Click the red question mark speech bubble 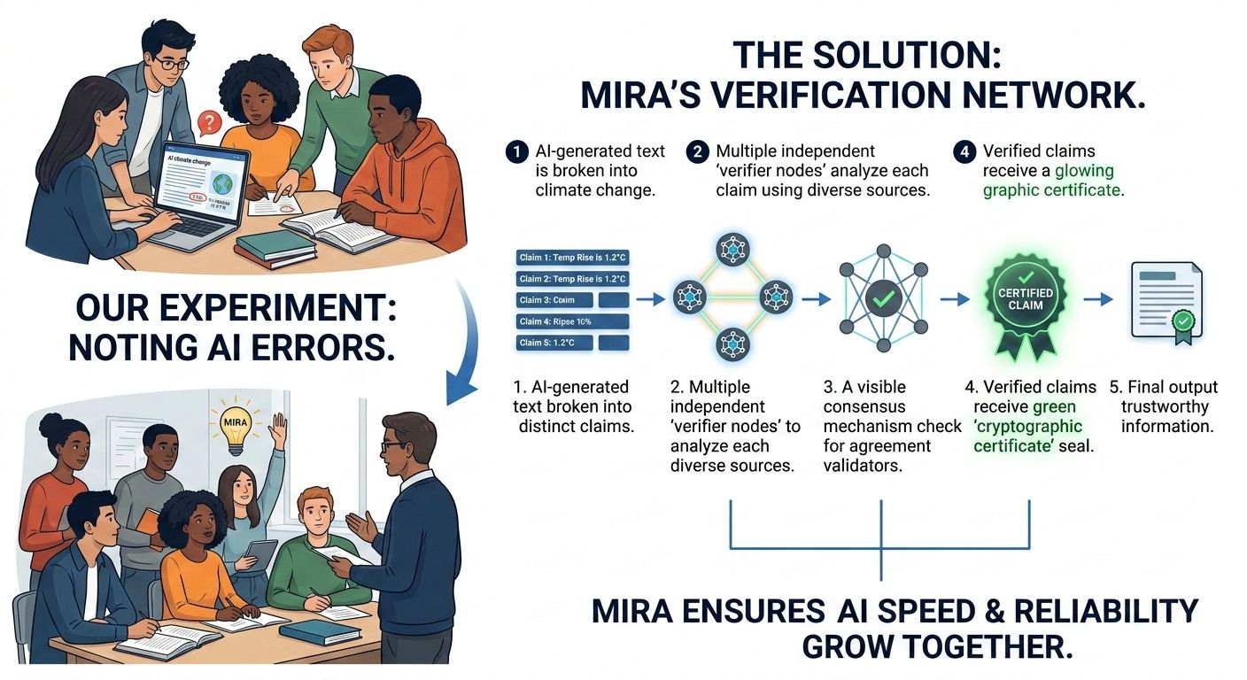(x=207, y=122)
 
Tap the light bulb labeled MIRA (x=231, y=420)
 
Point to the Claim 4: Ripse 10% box (x=571, y=321)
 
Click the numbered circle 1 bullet (x=516, y=151)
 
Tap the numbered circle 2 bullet (x=696, y=151)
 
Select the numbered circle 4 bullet (x=963, y=151)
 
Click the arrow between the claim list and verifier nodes (x=651, y=300)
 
